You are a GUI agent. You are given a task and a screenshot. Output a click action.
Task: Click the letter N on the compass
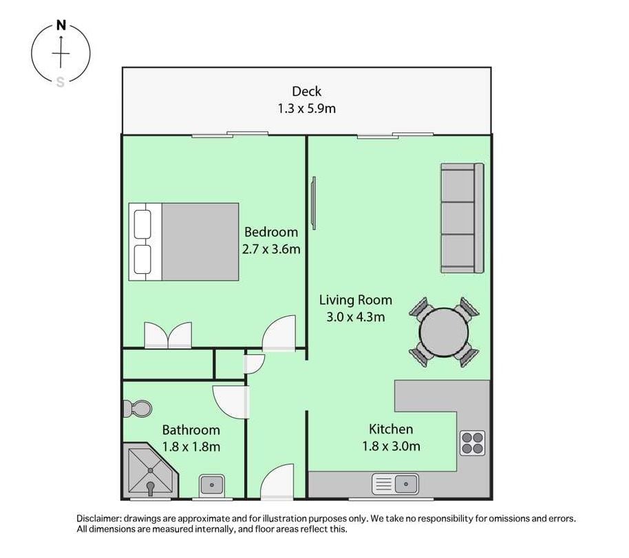point(61,25)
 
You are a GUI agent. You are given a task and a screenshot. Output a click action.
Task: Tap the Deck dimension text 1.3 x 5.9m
point(307,109)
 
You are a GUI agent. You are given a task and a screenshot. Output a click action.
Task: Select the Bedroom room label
point(271,233)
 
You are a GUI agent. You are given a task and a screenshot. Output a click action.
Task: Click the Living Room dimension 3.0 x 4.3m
point(356,317)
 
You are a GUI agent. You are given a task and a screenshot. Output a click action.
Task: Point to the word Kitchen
point(391,429)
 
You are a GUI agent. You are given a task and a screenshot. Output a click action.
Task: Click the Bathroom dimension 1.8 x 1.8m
point(191,447)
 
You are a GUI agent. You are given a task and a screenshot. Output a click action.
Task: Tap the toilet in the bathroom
point(137,409)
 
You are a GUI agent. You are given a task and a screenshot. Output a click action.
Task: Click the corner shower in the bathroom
point(150,471)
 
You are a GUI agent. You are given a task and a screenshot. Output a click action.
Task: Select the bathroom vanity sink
point(212,485)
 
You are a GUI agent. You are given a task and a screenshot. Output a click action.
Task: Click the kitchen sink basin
point(406,484)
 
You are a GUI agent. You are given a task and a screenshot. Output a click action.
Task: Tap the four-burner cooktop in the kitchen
point(473,443)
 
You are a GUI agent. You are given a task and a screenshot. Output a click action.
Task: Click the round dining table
point(444,332)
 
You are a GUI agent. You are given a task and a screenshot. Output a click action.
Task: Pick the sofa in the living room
point(462,218)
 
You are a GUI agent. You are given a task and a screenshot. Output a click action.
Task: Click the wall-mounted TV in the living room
point(314,203)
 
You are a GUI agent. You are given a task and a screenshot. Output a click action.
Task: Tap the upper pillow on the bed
point(142,224)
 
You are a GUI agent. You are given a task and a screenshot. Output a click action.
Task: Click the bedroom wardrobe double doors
point(168,335)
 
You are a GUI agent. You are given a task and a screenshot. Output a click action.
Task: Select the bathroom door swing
point(231,402)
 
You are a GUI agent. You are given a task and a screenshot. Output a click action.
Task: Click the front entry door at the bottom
point(277,482)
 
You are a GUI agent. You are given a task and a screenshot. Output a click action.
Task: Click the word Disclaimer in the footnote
point(98,519)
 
